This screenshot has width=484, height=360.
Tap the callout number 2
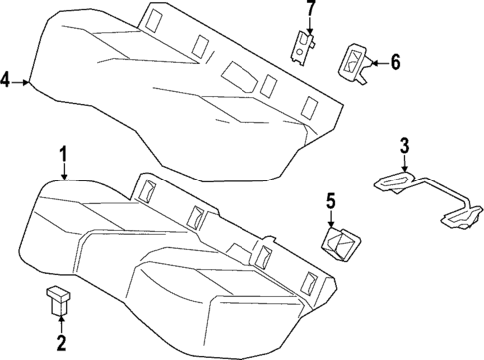tap(61, 344)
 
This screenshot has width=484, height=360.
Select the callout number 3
tap(404, 148)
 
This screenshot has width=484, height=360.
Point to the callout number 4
tap(7, 80)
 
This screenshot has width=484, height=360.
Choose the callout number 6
tap(394, 63)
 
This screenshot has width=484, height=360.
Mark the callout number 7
tap(310, 11)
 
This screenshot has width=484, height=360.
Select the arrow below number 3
tap(403, 165)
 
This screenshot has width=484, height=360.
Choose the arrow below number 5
tap(331, 221)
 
